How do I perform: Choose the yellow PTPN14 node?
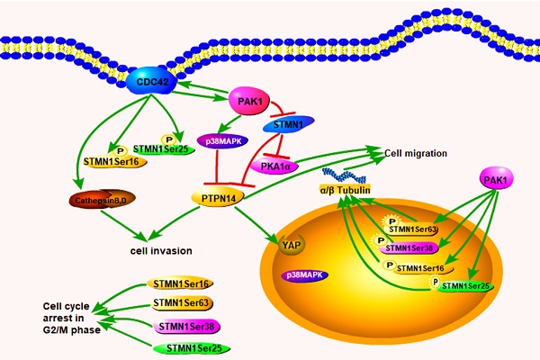[214, 194]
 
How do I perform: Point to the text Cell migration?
[416, 153]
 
